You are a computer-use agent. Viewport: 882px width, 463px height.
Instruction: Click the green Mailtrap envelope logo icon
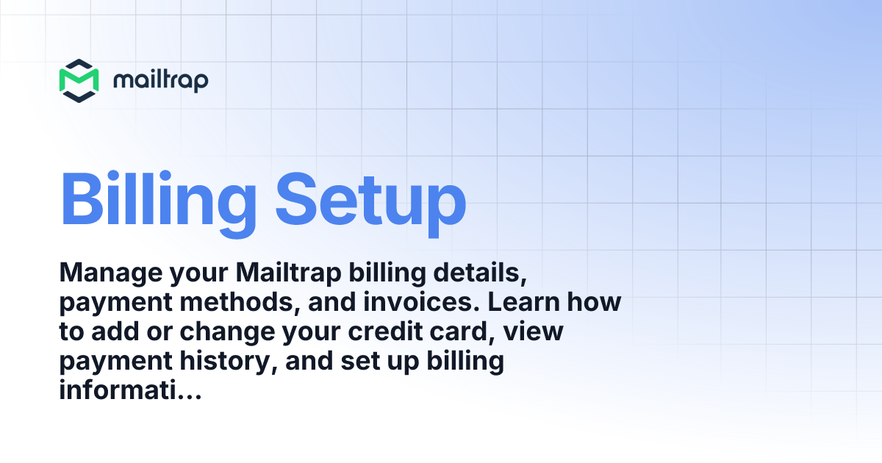point(79,80)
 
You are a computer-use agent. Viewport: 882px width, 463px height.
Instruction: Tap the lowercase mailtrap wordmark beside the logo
point(160,80)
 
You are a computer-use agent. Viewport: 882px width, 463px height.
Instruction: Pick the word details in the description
point(477,274)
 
